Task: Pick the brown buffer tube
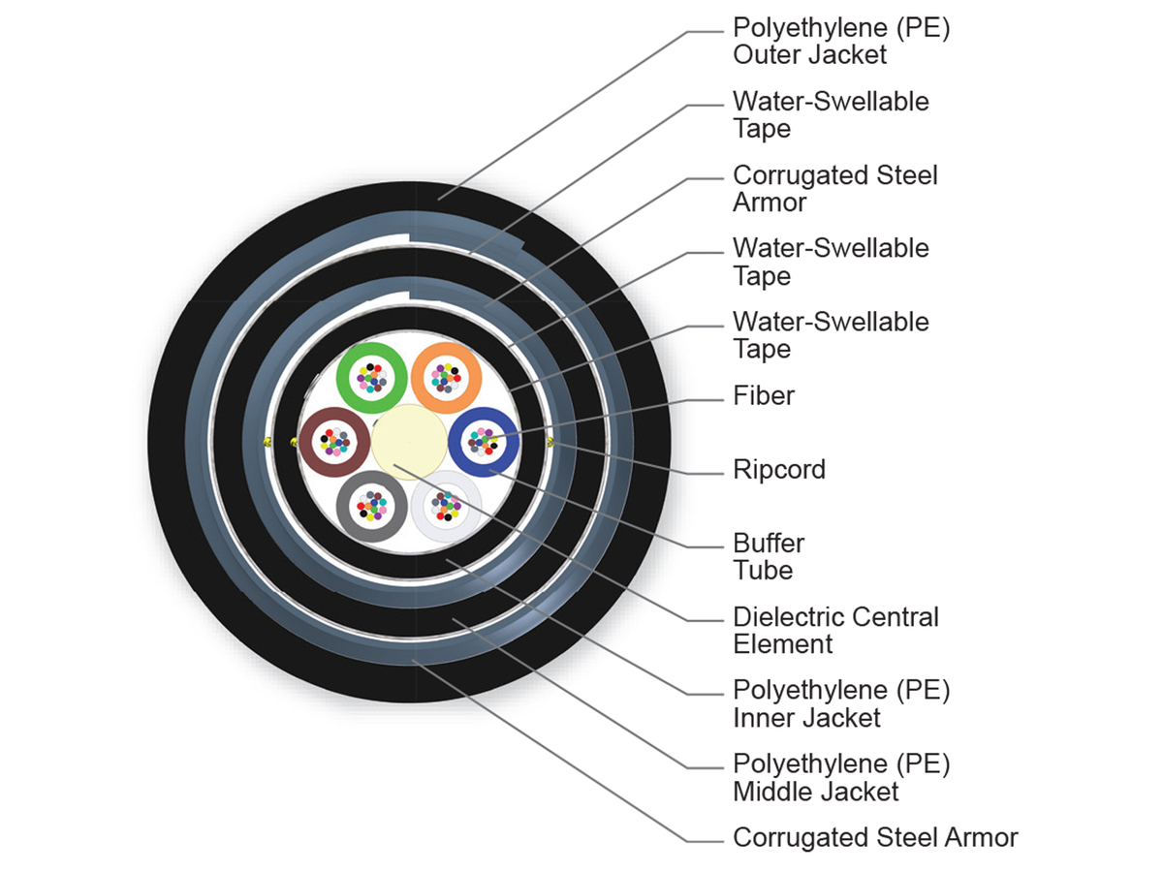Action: (x=309, y=443)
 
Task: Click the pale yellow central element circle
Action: (x=408, y=442)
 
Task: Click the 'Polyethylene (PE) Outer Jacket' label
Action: (x=841, y=41)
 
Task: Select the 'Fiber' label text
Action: (x=764, y=395)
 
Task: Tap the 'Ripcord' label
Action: (x=779, y=470)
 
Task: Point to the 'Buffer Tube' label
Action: (x=769, y=556)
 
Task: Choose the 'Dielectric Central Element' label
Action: (x=835, y=630)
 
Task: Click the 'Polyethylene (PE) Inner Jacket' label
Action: (x=841, y=703)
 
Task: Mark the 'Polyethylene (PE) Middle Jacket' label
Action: (x=841, y=777)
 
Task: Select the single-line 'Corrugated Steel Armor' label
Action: (x=875, y=837)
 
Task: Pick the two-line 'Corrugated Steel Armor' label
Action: (x=835, y=189)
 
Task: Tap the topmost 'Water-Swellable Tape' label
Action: (x=831, y=114)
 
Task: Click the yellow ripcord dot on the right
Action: (x=550, y=443)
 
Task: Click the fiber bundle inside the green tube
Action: (x=371, y=377)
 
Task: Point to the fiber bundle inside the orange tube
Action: (x=446, y=377)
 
